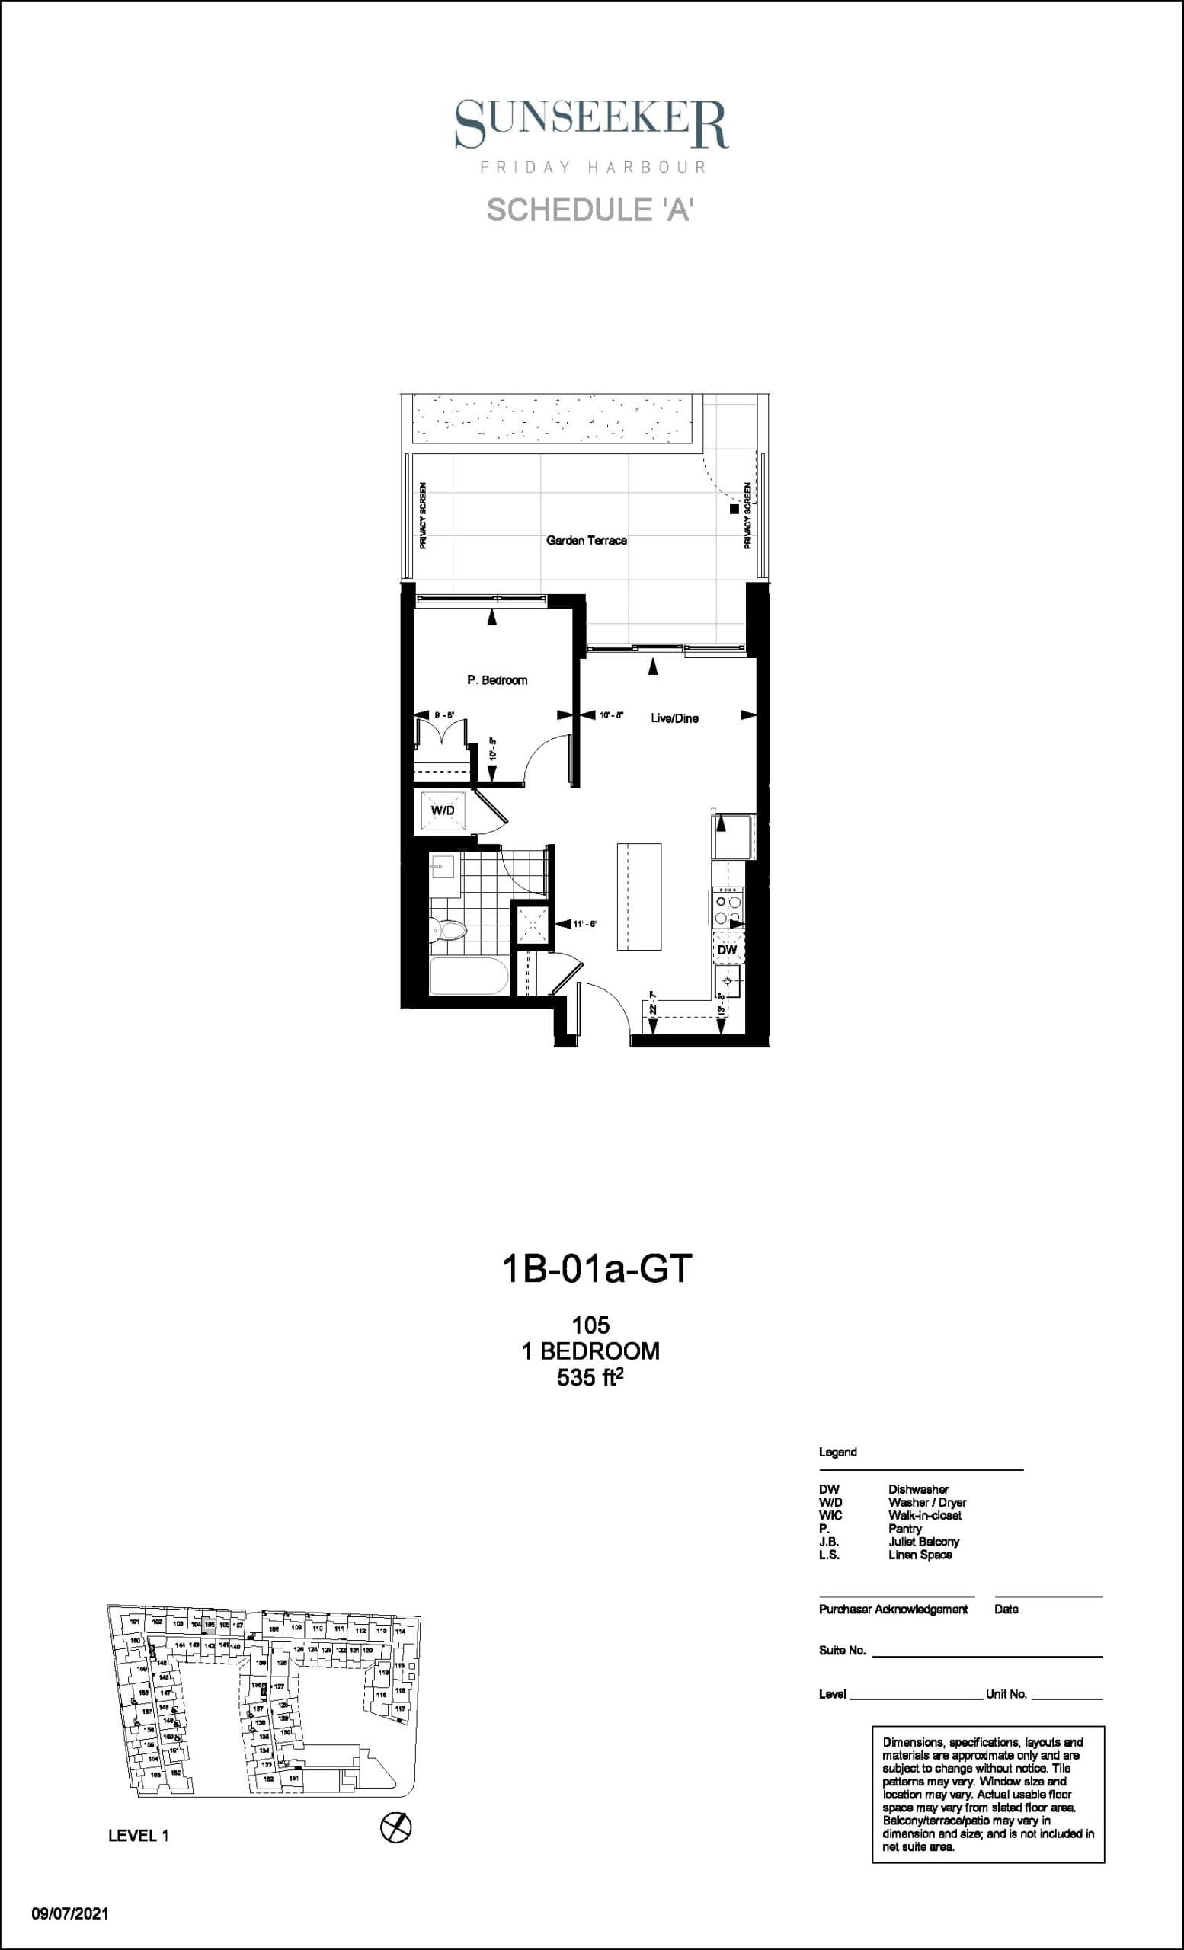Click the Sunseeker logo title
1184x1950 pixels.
click(590, 124)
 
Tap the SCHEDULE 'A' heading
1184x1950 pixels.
click(590, 209)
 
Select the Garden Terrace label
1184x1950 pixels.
click(587, 541)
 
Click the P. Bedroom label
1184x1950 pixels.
click(497, 679)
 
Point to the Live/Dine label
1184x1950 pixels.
click(674, 718)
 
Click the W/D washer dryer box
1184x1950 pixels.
click(443, 811)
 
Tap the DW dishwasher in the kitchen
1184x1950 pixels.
click(727, 949)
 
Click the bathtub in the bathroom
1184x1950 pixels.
click(468, 977)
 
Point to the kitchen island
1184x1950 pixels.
click(638, 897)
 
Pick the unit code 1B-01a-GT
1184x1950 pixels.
click(597, 1267)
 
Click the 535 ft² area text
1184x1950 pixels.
click(590, 1378)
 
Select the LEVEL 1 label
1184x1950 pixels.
click(139, 1836)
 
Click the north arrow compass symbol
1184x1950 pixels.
click(395, 1828)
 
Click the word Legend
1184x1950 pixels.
click(837, 1452)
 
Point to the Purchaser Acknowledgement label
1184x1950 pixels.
click(893, 1609)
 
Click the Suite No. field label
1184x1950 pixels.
click(842, 1651)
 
